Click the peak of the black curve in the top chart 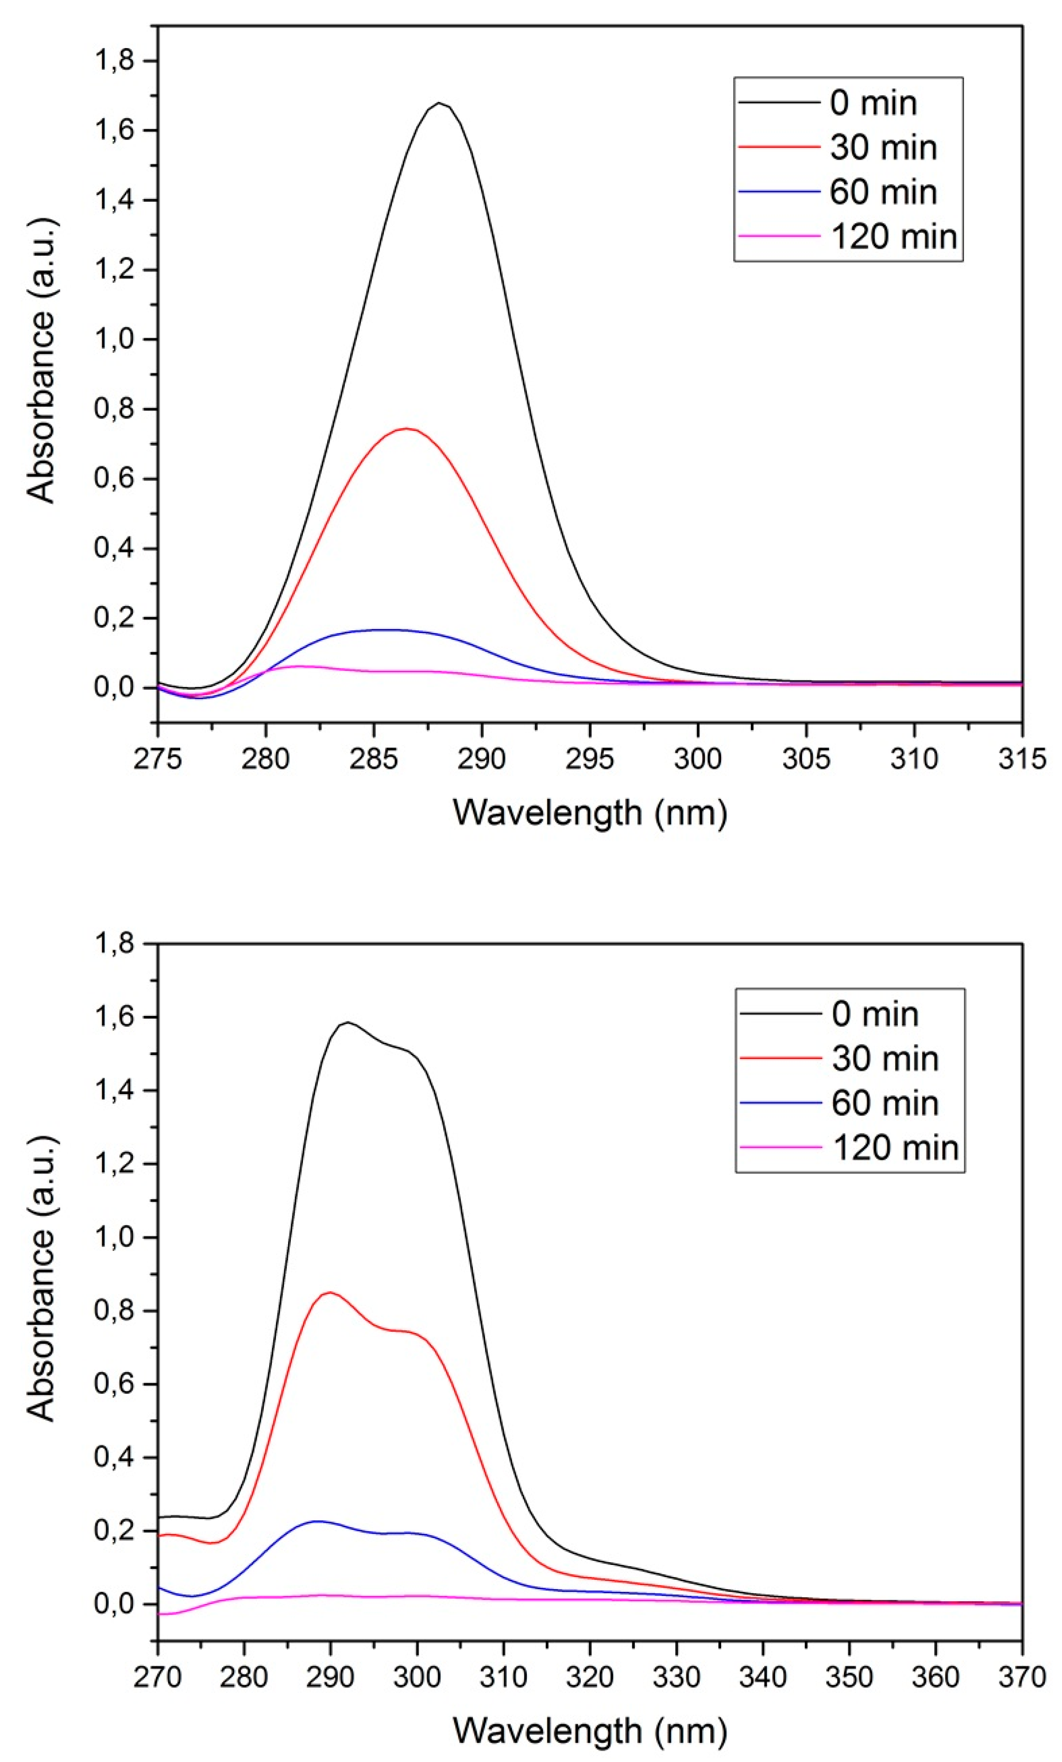[x=439, y=103]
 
